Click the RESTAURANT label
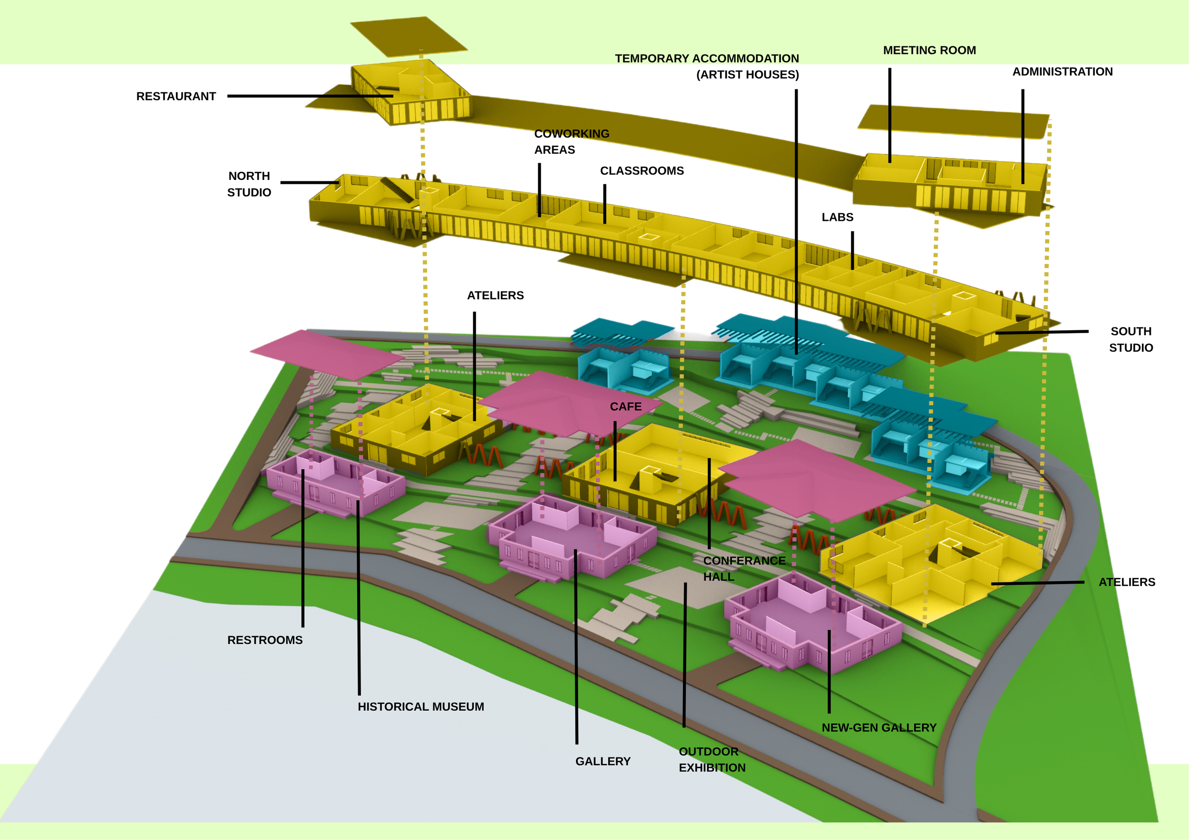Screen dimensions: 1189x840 [x=176, y=97]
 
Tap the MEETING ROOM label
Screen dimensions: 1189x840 [x=929, y=50]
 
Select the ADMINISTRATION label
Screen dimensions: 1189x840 [x=1062, y=71]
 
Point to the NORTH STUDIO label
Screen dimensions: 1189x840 [x=249, y=184]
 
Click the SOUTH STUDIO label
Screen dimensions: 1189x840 [x=1131, y=339]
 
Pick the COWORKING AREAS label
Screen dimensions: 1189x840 [x=572, y=141]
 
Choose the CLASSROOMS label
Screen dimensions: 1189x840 [x=642, y=171]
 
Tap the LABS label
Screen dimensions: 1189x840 [x=838, y=217]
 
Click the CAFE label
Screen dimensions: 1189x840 [x=625, y=407]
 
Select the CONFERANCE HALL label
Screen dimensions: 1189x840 [x=744, y=568]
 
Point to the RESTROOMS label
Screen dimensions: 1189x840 [x=265, y=640]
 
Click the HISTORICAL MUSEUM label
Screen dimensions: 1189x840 [x=421, y=707]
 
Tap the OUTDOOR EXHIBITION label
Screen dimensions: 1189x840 [x=712, y=760]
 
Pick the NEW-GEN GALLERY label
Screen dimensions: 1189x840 [x=879, y=728]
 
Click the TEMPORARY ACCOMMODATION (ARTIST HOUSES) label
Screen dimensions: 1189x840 [x=707, y=66]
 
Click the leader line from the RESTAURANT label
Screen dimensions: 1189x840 [x=310, y=96]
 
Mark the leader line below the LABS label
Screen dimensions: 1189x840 [x=852, y=250]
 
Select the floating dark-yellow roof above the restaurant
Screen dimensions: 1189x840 [x=409, y=36]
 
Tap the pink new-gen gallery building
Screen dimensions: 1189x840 [x=813, y=622]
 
